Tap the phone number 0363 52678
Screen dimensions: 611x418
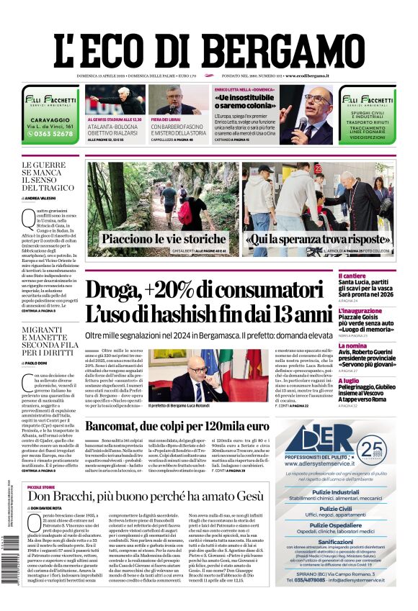(x=48, y=134)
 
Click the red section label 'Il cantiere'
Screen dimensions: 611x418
(x=352, y=276)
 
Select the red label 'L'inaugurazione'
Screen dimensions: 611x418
(x=360, y=311)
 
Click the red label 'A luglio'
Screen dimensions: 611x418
(x=349, y=381)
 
